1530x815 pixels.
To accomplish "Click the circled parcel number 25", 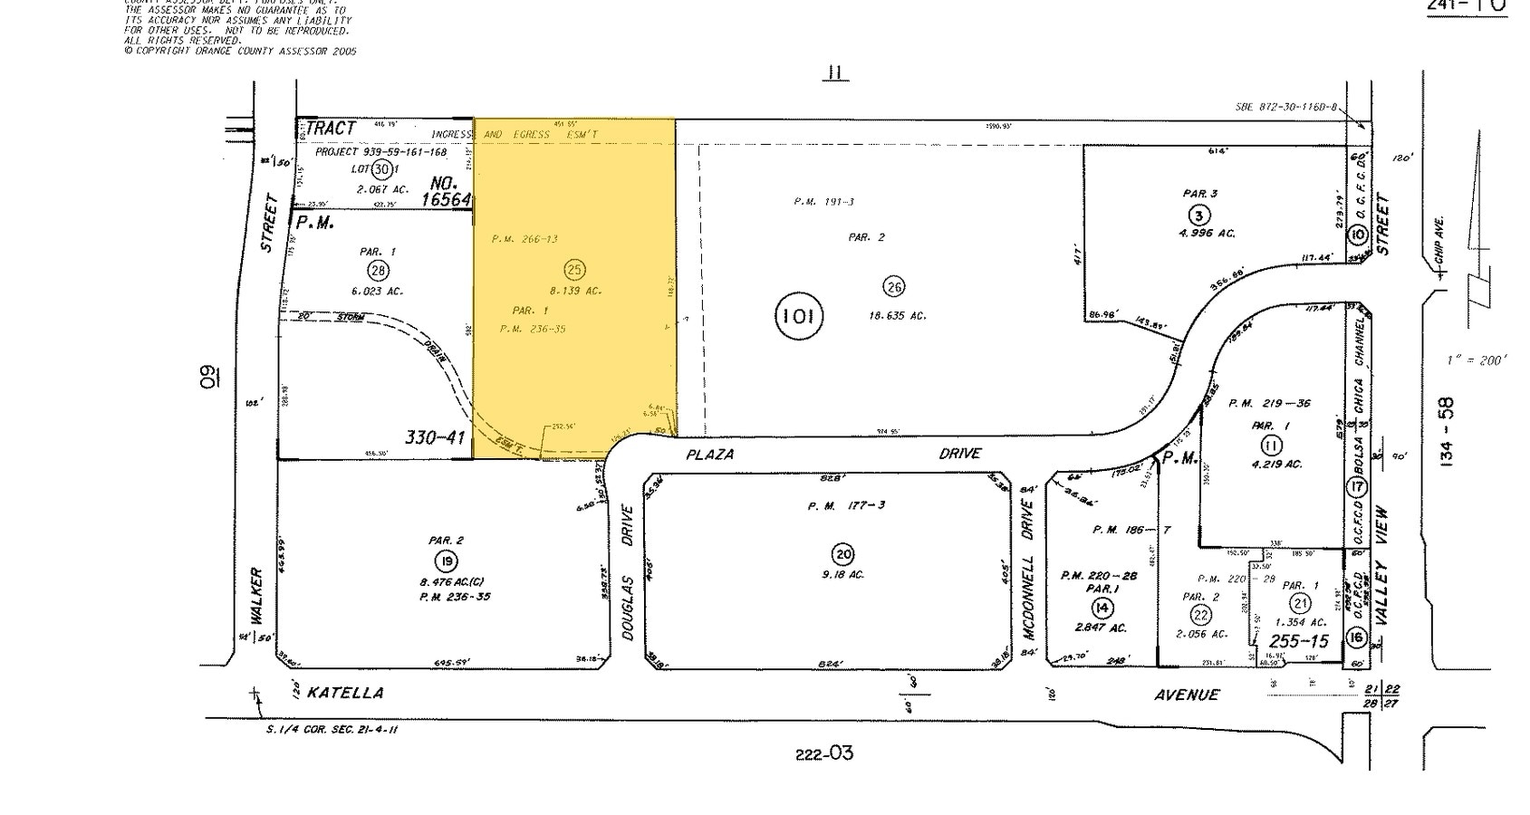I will click(573, 269).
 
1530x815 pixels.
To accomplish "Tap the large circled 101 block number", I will click(798, 316).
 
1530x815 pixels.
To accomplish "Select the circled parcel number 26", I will click(893, 287).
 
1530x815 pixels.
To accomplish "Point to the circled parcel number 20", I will click(842, 553).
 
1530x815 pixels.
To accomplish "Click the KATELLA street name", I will click(345, 693).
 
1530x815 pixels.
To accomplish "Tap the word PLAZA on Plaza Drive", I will click(709, 454).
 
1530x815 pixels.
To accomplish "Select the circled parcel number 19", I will click(444, 561).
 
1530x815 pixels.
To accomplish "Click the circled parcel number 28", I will click(378, 270).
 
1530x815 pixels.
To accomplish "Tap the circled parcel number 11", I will click(1272, 445).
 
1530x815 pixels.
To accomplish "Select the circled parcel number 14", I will click(1102, 607).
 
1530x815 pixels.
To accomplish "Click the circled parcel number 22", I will click(1200, 615).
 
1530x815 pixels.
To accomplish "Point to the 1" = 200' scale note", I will click(1477, 360).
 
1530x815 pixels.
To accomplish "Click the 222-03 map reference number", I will click(823, 753).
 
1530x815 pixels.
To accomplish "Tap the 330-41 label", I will click(435, 438).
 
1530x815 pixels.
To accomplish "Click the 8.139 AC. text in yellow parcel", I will click(575, 291).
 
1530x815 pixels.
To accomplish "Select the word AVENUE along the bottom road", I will click(1186, 695).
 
